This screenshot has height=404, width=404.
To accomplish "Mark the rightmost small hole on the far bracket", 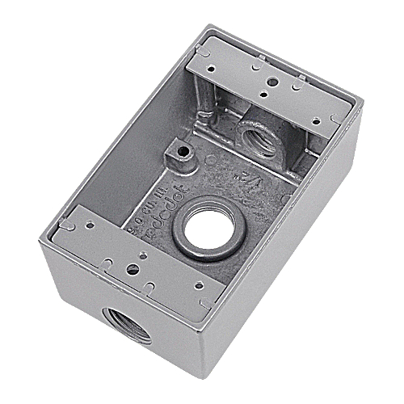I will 333,119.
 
